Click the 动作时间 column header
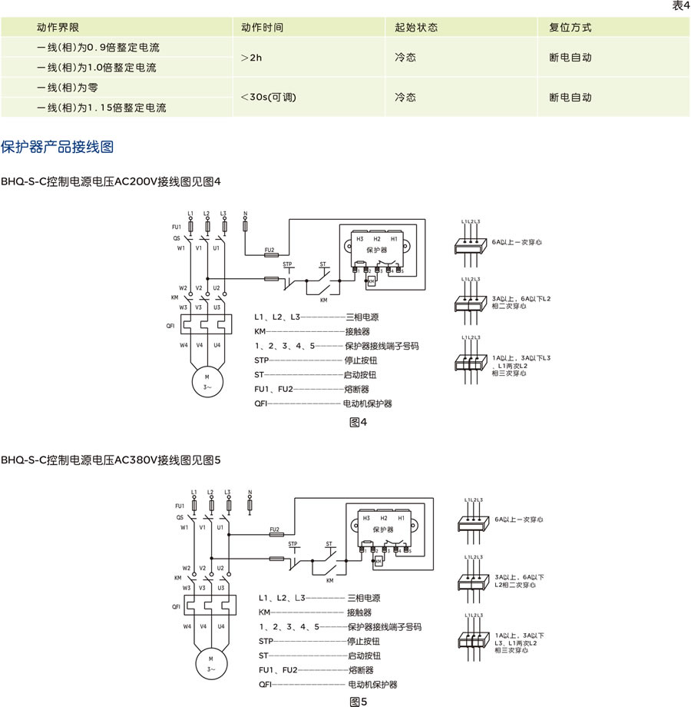262,27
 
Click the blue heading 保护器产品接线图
58,146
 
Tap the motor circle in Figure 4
207,382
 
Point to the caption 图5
359,701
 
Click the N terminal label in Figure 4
244,212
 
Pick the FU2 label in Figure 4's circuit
269,250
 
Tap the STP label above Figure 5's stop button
293,544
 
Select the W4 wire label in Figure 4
183,345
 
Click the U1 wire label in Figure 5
220,527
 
